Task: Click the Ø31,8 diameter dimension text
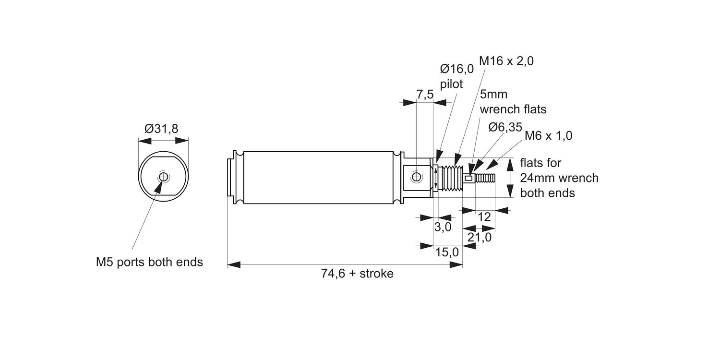tap(161, 129)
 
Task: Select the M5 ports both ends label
tap(149, 262)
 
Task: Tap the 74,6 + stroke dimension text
tap(357, 274)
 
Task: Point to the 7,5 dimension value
tap(425, 95)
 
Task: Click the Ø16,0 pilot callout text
tap(456, 76)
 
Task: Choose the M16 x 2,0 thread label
tap(506, 61)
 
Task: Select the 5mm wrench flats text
tap(513, 102)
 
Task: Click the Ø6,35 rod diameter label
tap(505, 127)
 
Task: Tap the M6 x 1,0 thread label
tap(548, 136)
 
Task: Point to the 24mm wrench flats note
tap(559, 178)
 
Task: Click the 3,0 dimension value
tap(443, 227)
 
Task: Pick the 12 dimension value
tap(485, 217)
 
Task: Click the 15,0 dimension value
tap(446, 252)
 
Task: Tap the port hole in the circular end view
tap(164, 178)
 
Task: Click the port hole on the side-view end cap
tap(416, 177)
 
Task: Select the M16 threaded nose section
tap(451, 178)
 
